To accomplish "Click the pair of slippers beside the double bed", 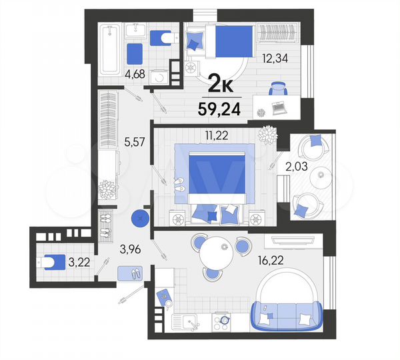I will pos(179,185).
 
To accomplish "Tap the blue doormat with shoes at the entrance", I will pos(130,273).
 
